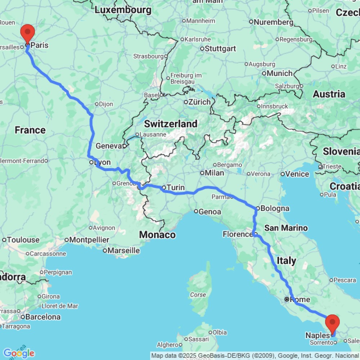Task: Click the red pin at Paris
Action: click(x=27, y=33)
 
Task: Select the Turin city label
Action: click(x=176, y=187)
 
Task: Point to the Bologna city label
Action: click(x=275, y=208)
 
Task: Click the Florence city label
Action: click(x=237, y=234)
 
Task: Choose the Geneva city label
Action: click(x=109, y=146)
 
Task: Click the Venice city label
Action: click(x=297, y=174)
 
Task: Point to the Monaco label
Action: click(x=157, y=235)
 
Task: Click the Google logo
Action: click(x=19, y=353)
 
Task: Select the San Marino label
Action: click(x=286, y=228)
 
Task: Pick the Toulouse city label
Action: click(x=23, y=240)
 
